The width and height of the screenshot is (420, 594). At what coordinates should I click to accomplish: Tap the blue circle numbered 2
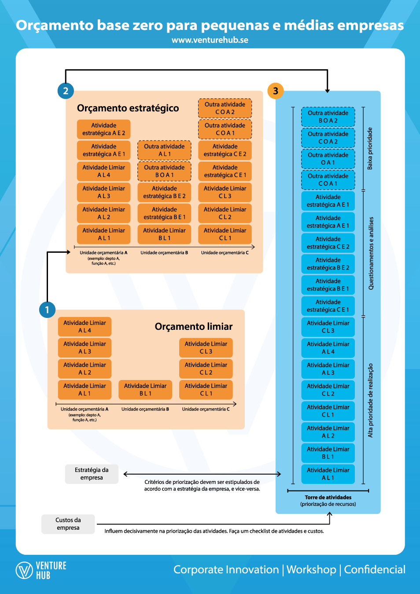[66, 91]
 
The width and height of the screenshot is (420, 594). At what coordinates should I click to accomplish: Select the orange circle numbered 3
[276, 91]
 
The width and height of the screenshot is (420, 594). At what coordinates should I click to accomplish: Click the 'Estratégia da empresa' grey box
[92, 474]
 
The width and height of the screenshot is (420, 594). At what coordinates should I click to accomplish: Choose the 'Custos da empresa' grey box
[68, 524]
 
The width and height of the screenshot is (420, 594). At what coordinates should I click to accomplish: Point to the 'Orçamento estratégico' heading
[128, 108]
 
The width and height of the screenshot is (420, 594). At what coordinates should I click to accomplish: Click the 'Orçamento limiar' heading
[193, 327]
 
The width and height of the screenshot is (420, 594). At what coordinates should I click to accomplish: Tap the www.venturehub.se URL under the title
[210, 40]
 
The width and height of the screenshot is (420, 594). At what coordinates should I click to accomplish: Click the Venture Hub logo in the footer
[41, 570]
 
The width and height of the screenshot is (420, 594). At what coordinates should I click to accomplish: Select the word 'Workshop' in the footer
[311, 570]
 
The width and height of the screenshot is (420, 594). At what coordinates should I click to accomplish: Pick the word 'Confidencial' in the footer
[374, 570]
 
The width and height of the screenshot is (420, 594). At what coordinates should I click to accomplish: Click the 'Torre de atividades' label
[328, 498]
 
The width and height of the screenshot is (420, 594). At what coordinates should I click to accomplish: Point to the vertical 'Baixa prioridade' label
[370, 148]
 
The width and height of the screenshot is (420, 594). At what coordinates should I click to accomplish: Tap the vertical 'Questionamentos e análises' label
[371, 253]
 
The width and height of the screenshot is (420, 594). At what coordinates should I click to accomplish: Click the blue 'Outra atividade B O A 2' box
[328, 117]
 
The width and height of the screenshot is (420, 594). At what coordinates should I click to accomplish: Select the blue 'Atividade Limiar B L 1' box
[328, 453]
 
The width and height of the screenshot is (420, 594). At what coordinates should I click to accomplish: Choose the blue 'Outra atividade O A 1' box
[328, 159]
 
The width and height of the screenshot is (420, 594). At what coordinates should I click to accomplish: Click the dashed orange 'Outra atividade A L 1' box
[164, 150]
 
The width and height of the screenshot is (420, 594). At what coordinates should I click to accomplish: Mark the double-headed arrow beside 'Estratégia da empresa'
[202, 474]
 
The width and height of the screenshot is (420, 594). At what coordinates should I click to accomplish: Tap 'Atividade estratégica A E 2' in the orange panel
[103, 129]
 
